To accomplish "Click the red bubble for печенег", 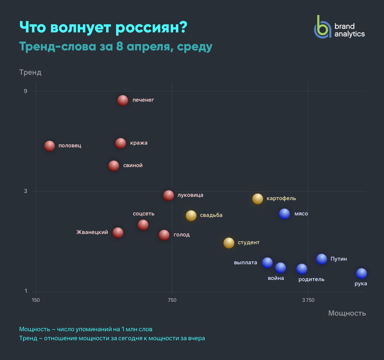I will pyautogui.click(x=123, y=100).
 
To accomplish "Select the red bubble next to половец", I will pyautogui.click(x=49, y=146).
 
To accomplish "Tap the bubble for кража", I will pyautogui.click(x=121, y=143).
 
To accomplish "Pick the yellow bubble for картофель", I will pyautogui.click(x=257, y=199).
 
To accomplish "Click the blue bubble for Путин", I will pyautogui.click(x=321, y=259).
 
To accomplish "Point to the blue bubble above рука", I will pyautogui.click(x=361, y=273).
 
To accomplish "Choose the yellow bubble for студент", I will pyautogui.click(x=229, y=243).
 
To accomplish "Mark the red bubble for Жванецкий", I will pyautogui.click(x=118, y=232).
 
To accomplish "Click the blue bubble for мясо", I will pyautogui.click(x=284, y=214).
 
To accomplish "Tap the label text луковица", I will pyautogui.click(x=190, y=195).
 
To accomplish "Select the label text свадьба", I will pyautogui.click(x=211, y=215).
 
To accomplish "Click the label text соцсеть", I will pyautogui.click(x=143, y=214).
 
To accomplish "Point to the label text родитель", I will pyautogui.click(x=311, y=279).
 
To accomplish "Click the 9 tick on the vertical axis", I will pyautogui.click(x=25, y=91).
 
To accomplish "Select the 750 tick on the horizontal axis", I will pyautogui.click(x=172, y=300).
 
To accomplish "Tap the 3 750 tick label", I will pyautogui.click(x=308, y=300).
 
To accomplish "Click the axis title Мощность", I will pyautogui.click(x=347, y=313).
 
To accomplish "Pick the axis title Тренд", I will pyautogui.click(x=30, y=72).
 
